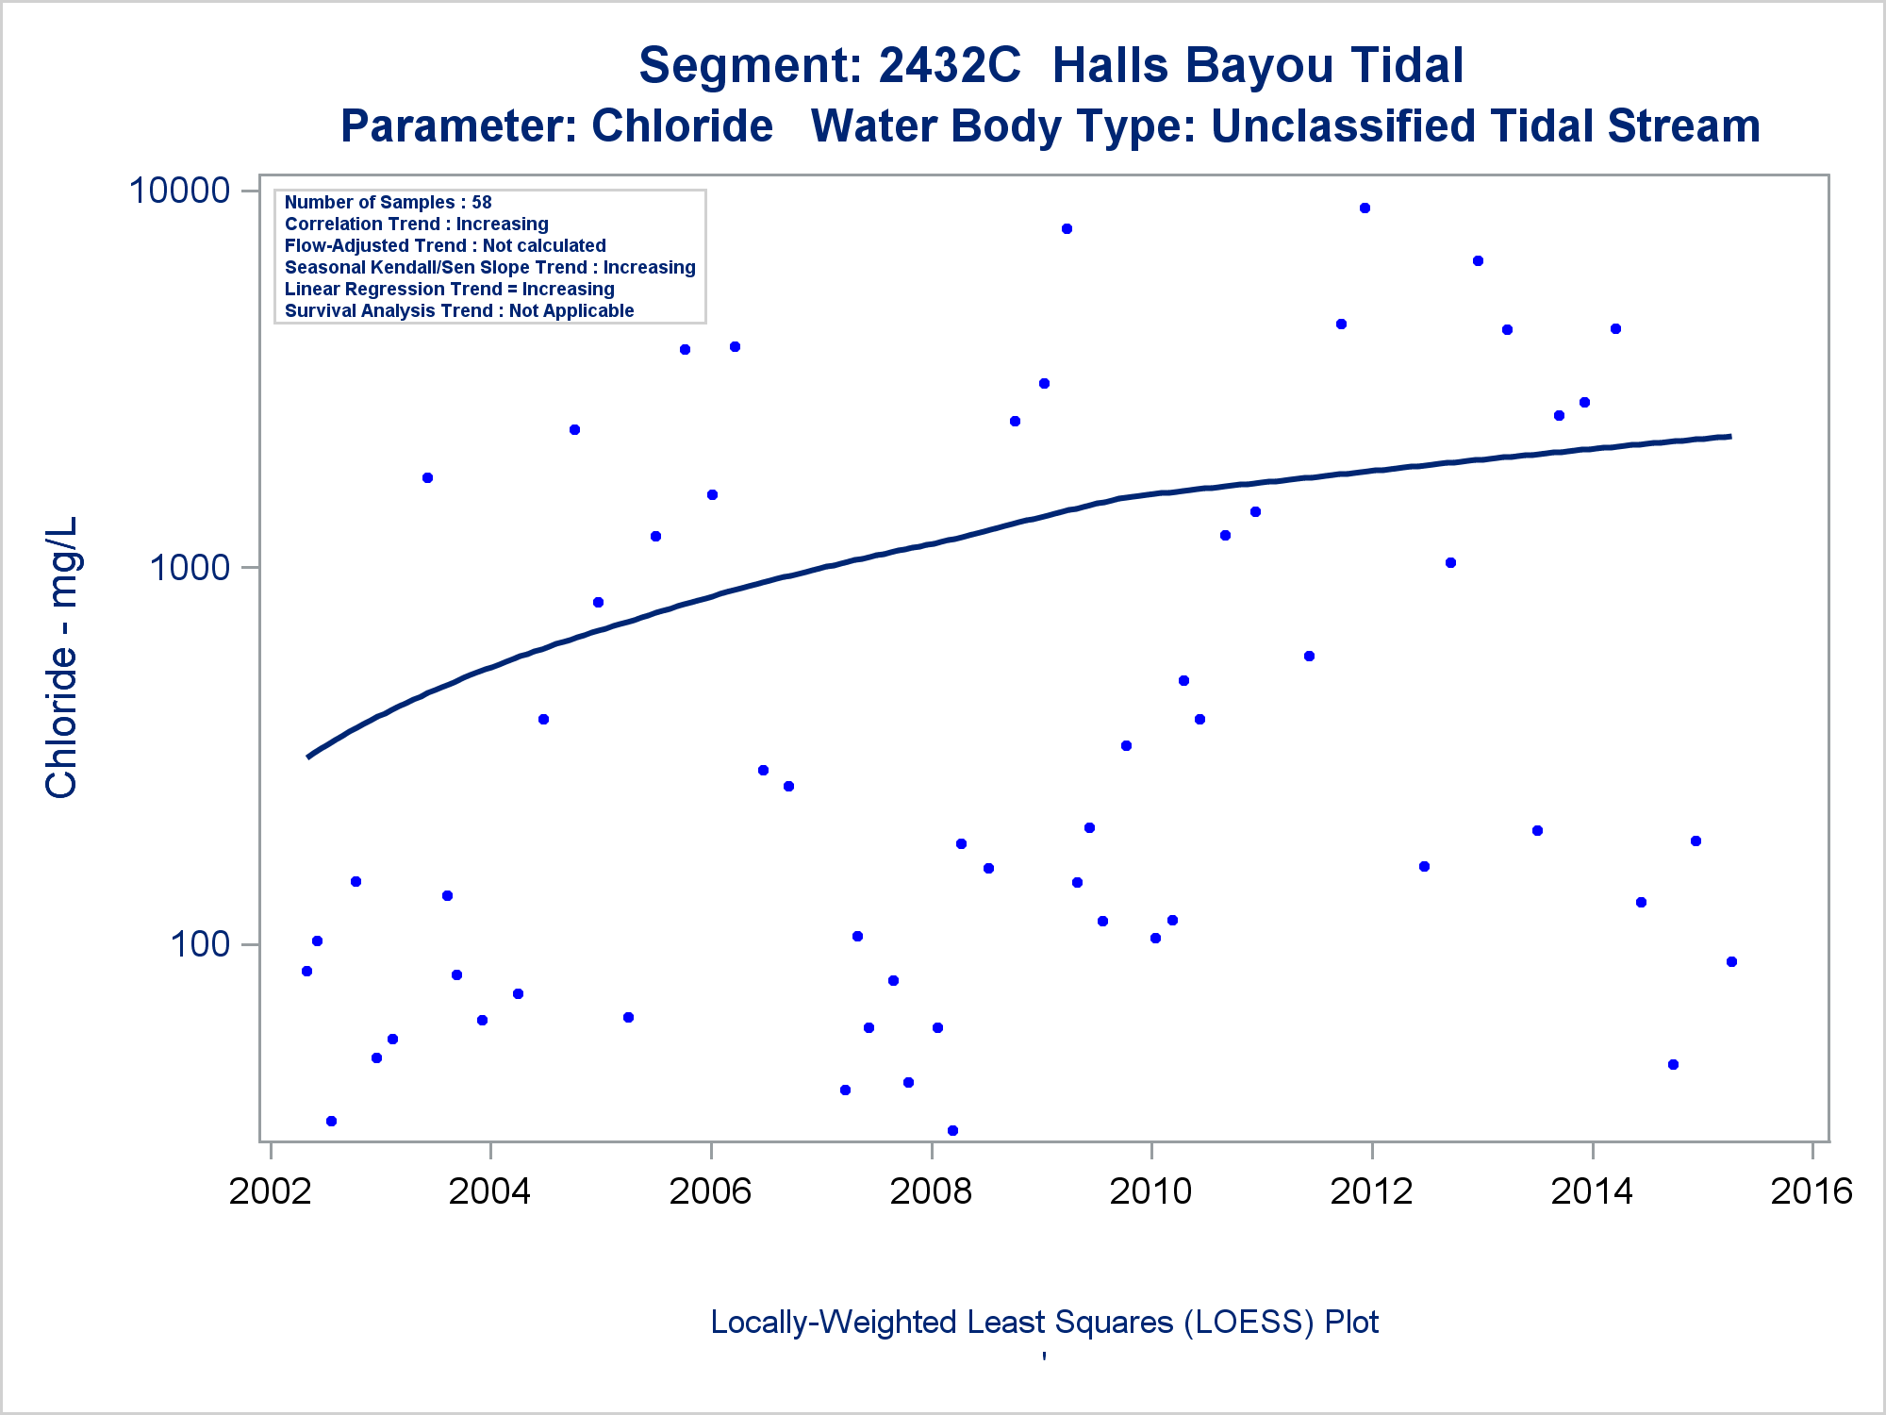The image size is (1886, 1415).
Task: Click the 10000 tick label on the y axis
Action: (x=179, y=191)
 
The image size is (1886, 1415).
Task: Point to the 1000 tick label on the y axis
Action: (x=190, y=568)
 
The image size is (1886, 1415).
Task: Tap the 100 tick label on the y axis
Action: (x=200, y=944)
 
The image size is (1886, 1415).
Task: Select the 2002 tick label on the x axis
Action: (x=270, y=1191)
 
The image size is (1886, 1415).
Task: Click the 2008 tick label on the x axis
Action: (x=931, y=1191)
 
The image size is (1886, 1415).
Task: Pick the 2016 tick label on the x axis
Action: (x=1812, y=1191)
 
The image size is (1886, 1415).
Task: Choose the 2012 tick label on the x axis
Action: (x=1371, y=1191)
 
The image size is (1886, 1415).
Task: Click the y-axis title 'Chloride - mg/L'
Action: (x=61, y=658)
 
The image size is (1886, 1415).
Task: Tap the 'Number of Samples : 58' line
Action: (x=388, y=202)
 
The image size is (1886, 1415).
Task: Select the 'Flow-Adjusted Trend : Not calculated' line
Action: (x=445, y=245)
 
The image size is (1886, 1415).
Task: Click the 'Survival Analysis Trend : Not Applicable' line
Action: (x=459, y=310)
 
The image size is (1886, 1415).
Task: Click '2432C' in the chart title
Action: (x=949, y=66)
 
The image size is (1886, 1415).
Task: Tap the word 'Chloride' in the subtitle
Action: (x=682, y=126)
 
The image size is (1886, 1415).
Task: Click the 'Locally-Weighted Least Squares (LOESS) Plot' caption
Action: (x=1044, y=1322)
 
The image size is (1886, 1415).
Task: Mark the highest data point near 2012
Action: (x=1365, y=208)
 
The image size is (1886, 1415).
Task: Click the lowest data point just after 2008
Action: (x=952, y=1130)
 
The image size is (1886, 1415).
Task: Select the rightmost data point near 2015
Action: (x=1731, y=962)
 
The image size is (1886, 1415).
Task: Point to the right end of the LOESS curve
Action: (x=1729, y=437)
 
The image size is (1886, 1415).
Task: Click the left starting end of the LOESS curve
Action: (x=308, y=757)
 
